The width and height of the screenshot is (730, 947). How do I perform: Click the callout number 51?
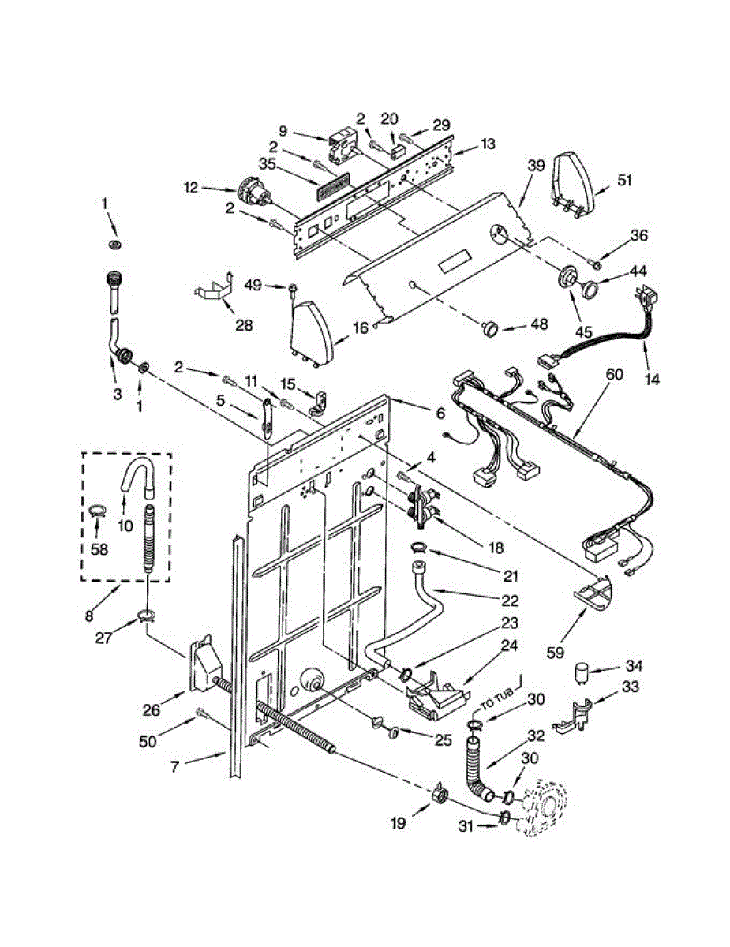pyautogui.click(x=624, y=180)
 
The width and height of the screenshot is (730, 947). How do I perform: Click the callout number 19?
pyautogui.click(x=397, y=823)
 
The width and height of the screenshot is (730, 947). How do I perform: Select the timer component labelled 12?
pyautogui.click(x=250, y=193)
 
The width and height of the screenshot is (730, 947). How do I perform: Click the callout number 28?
pyautogui.click(x=245, y=325)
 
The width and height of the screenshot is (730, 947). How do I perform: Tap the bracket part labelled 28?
pyautogui.click(x=215, y=287)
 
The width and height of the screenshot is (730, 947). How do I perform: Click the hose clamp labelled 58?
pyautogui.click(x=96, y=511)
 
